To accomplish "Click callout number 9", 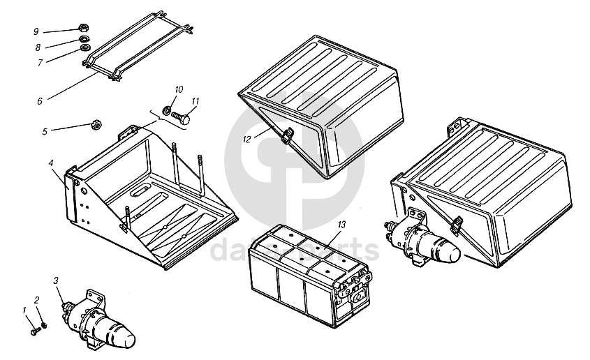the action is point(36,31).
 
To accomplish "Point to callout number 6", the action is point(40,101).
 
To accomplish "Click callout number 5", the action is point(44,130).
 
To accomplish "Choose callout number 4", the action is point(52,163).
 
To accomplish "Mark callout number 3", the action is point(55,280).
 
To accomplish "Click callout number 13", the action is point(341,225).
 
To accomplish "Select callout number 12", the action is point(246,139).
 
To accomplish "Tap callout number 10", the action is point(179,89).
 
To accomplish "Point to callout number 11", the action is point(195,101).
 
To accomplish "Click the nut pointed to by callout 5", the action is point(96,125).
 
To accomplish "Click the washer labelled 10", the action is point(168,110).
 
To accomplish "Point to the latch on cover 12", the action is point(286,137).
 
